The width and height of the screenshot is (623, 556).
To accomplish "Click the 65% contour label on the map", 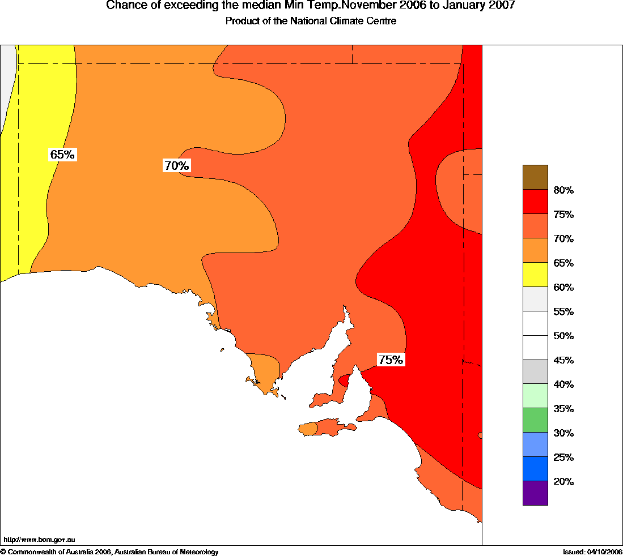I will coord(63,155).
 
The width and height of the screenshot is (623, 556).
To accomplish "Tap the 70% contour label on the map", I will coord(176,166).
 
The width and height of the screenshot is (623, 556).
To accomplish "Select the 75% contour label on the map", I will coord(391,360).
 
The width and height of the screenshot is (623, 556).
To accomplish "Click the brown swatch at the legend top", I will coord(535,177).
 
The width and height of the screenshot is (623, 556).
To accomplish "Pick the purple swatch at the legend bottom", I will coord(535,493).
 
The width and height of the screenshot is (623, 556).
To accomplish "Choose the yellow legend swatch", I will coord(535,275).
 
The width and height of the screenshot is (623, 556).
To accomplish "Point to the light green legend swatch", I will coord(535,396).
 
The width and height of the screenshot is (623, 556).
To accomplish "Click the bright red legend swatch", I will coord(535,202).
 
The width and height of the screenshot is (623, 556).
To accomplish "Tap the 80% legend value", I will coord(563,190).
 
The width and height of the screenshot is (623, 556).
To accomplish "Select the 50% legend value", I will coord(563,336).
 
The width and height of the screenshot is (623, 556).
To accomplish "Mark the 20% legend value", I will coord(563,482).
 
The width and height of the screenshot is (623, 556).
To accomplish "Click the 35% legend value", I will coord(563,409).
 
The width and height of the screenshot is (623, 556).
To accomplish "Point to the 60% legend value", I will coord(563,287).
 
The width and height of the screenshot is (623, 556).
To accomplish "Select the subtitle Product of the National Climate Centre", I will coord(311,22).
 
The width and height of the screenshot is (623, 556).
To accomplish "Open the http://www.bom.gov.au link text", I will coord(39,540).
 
